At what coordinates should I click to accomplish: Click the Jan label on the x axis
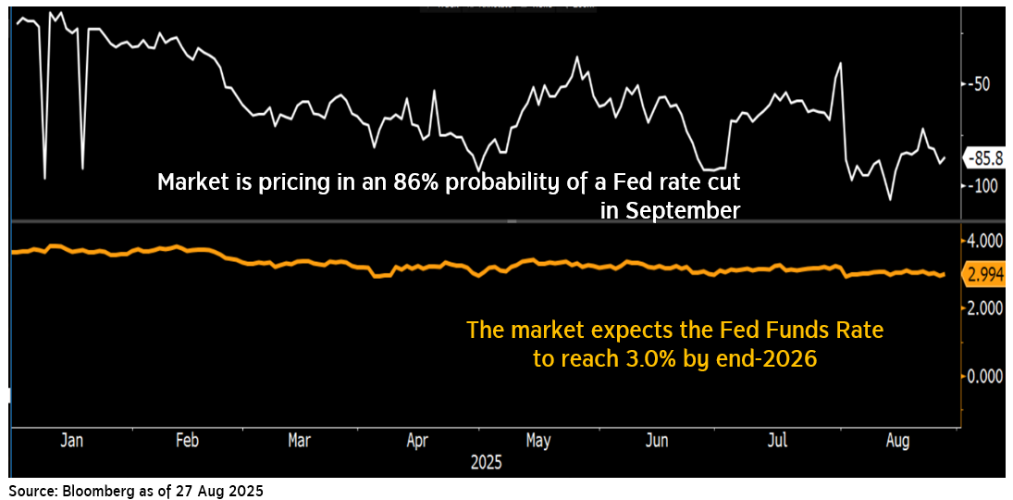click(x=71, y=441)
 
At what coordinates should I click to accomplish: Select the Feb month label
click(x=188, y=441)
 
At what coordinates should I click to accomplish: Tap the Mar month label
click(x=299, y=441)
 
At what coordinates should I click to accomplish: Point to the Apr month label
click(x=417, y=441)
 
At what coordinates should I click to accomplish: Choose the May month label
click(x=537, y=441)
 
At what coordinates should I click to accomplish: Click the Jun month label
click(x=656, y=441)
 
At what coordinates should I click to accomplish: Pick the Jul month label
click(x=778, y=441)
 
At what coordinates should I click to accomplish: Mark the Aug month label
click(x=896, y=441)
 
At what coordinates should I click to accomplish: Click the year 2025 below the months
click(x=486, y=462)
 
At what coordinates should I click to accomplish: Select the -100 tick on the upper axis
click(x=984, y=185)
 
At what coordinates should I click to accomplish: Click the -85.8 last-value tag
click(x=987, y=157)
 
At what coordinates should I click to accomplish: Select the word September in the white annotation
click(x=682, y=211)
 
